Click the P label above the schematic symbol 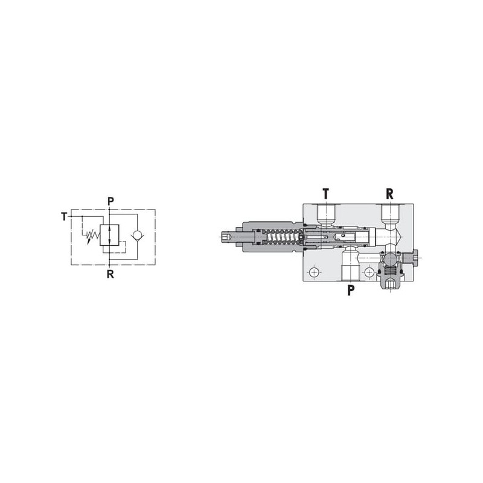[x=110, y=201]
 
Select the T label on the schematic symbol [x=64, y=217]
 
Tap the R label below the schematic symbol [x=110, y=274]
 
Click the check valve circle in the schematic [x=138, y=236]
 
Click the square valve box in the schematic [x=109, y=235]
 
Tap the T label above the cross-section [x=326, y=194]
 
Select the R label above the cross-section [x=389, y=194]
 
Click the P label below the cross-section [x=351, y=290]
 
